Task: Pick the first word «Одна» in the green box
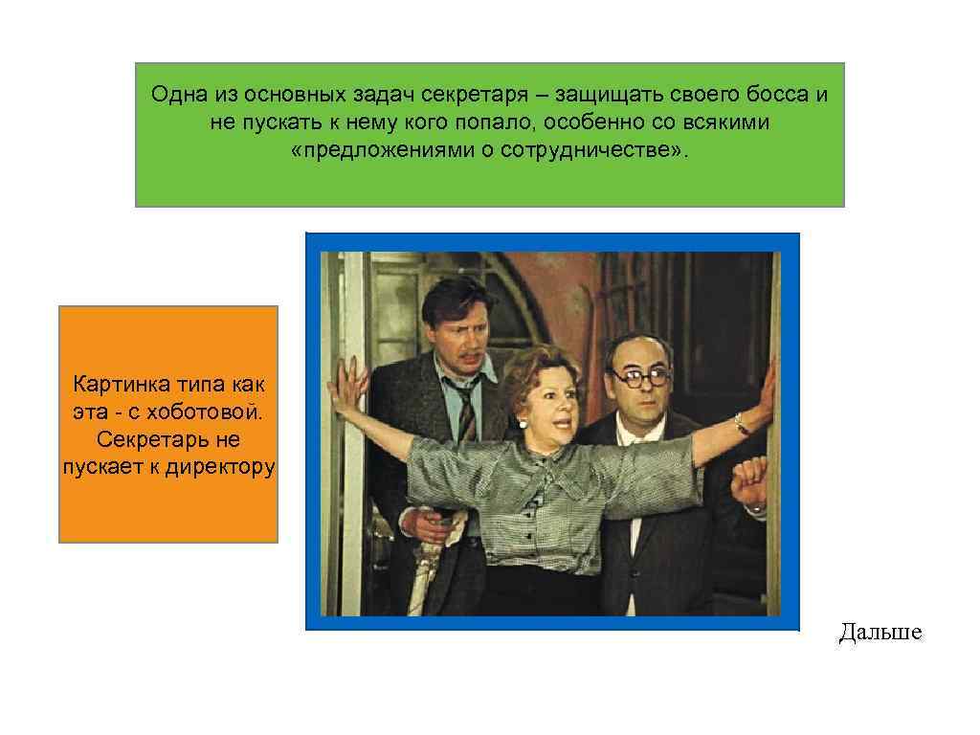pyautogui.click(x=173, y=96)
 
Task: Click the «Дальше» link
pyautogui.click(x=880, y=632)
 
